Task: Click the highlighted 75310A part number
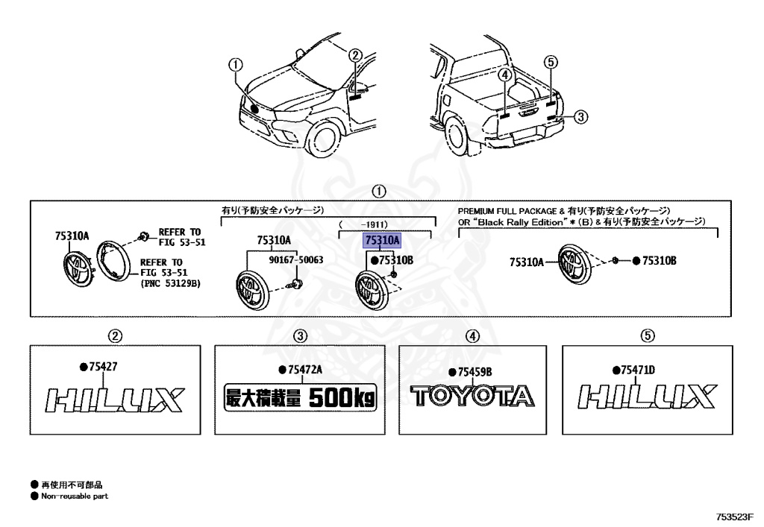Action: (x=383, y=240)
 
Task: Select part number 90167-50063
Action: (x=296, y=260)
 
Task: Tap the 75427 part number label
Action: (x=103, y=367)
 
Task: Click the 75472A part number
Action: (x=305, y=370)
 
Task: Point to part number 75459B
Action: (x=475, y=372)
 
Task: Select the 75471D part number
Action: (x=639, y=370)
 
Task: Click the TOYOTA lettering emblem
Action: (x=472, y=396)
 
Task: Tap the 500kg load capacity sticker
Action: (x=300, y=398)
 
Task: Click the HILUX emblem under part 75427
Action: (x=114, y=400)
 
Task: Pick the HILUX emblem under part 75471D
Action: (x=647, y=396)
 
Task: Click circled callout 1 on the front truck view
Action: (x=236, y=65)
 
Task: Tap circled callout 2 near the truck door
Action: (x=356, y=55)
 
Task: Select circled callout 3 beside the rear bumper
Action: (x=580, y=117)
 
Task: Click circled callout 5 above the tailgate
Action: (x=551, y=62)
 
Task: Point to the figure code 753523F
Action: (x=734, y=517)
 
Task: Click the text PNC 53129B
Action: (x=171, y=283)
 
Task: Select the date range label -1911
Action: (x=375, y=225)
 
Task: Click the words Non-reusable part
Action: (x=75, y=496)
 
